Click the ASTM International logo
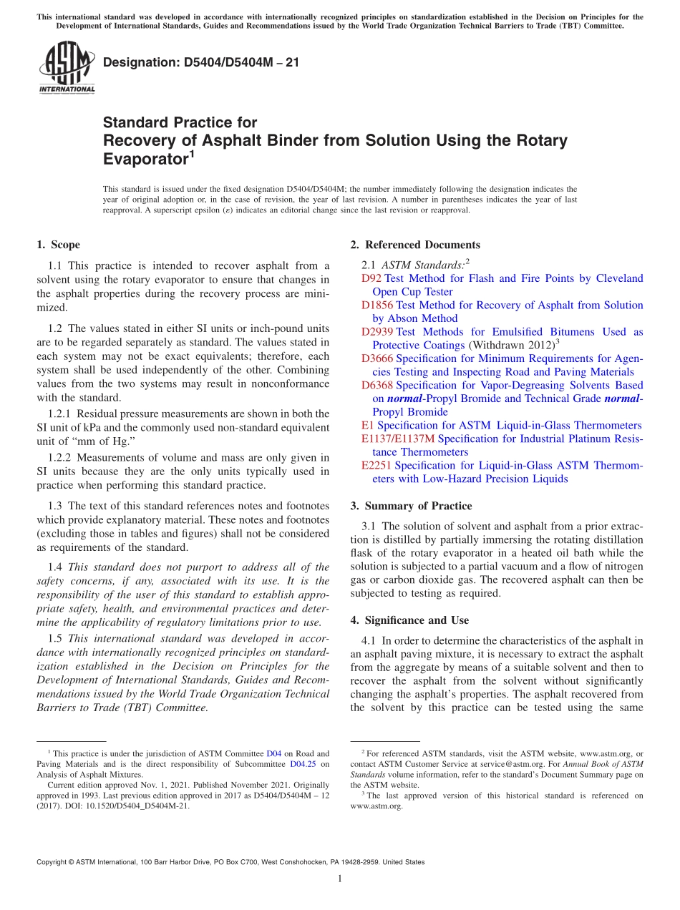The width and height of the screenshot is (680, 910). click(66, 68)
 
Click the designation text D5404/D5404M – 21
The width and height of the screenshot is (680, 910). click(201, 63)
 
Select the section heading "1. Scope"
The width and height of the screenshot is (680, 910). click(58, 245)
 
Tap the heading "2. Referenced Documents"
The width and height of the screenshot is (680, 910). click(415, 245)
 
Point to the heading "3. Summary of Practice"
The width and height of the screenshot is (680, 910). click(411, 506)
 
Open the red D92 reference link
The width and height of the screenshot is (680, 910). click(371, 278)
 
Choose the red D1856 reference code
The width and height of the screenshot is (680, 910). click(377, 305)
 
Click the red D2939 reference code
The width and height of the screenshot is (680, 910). click(377, 332)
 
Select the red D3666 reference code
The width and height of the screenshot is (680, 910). click(377, 358)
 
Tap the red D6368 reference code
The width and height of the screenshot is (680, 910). click(377, 386)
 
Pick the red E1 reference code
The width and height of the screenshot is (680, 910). click(367, 426)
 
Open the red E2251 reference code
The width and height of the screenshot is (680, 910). click(377, 466)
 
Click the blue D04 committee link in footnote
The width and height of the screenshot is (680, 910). click(273, 753)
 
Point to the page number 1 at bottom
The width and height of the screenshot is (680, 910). click(340, 879)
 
